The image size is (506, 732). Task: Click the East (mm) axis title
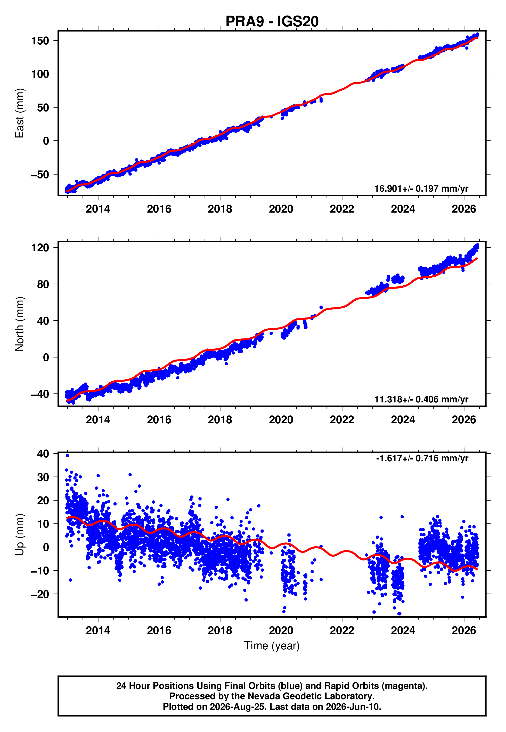(x=20, y=113)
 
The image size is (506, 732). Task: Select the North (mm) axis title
(x=20, y=324)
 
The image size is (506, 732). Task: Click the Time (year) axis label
(x=272, y=646)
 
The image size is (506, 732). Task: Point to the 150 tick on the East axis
(x=40, y=41)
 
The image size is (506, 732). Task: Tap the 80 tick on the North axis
(x=43, y=284)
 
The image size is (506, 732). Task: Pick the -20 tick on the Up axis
(x=40, y=594)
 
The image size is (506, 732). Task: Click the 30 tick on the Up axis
(x=43, y=477)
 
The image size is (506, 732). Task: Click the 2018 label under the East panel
(x=220, y=209)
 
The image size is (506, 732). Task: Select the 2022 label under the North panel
(x=342, y=420)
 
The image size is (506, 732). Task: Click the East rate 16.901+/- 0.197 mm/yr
(x=421, y=189)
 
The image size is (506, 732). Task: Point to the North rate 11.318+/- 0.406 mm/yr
(x=421, y=399)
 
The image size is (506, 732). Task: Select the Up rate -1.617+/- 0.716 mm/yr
(x=422, y=458)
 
